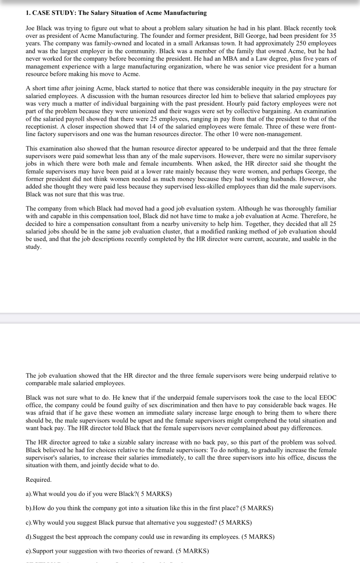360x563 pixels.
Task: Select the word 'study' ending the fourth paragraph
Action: (x=33, y=247)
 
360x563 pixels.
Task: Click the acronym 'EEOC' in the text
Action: (x=328, y=398)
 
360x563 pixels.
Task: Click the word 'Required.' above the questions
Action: (x=39, y=480)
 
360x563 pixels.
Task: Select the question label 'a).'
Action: (x=29, y=494)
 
